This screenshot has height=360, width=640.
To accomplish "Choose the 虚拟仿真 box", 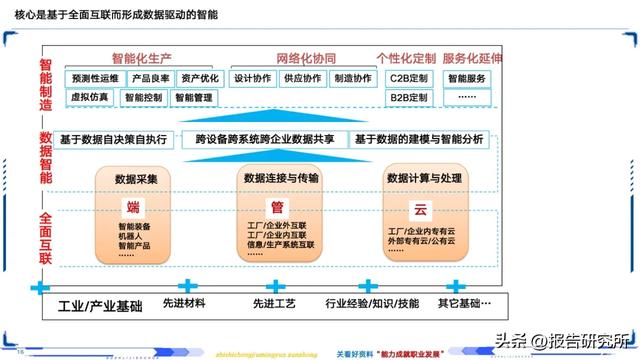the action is click(91, 97).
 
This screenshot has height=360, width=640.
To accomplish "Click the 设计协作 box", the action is click(252, 78).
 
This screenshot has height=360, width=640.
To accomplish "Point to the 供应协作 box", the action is click(302, 78).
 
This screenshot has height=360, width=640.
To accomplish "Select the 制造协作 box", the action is click(353, 78).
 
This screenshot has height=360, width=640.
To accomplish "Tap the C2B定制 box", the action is click(409, 78).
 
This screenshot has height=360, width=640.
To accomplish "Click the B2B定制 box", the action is click(409, 97).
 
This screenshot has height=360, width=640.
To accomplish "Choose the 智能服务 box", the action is click(467, 78).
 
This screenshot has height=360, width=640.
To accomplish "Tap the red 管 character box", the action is click(277, 208).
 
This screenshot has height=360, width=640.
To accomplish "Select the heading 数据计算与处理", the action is click(422, 178).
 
